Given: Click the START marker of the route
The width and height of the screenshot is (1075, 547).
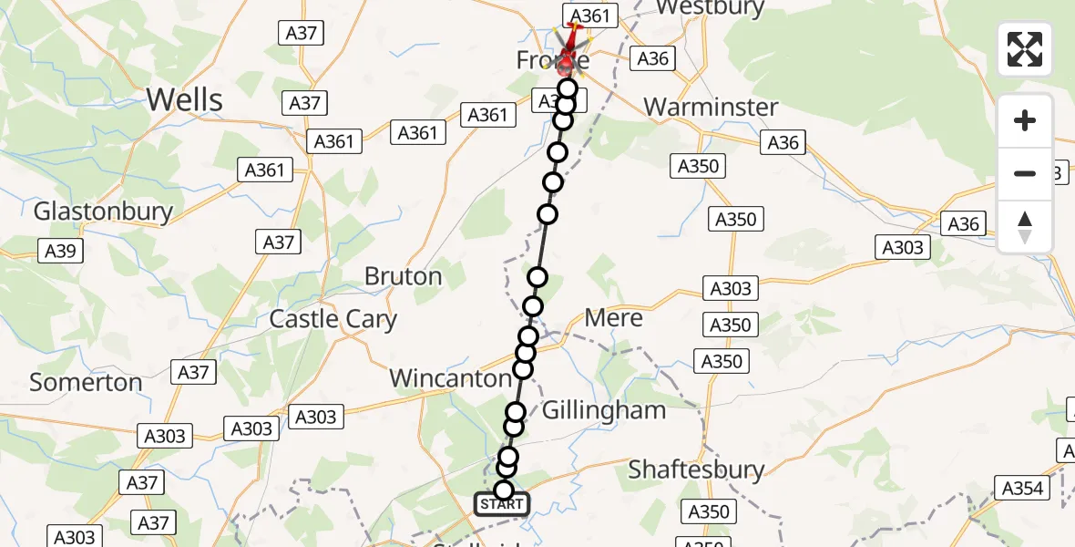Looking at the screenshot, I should click(x=501, y=504).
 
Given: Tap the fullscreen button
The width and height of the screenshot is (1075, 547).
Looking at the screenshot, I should click(x=1025, y=49).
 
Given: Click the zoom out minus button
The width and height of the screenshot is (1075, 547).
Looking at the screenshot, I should click(x=1025, y=173).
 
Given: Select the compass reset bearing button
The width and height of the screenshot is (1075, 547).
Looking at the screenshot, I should click(x=1025, y=227).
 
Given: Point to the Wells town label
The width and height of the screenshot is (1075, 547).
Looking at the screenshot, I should click(x=184, y=98).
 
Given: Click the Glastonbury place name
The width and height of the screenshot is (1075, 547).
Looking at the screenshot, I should click(x=103, y=212).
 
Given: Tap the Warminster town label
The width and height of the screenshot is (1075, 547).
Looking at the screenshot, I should click(x=711, y=107).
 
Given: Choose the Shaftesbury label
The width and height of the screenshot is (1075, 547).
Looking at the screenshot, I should click(x=696, y=470).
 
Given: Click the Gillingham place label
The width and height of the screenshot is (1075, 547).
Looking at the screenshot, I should click(x=603, y=410).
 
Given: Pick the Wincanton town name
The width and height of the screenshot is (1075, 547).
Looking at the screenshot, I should click(x=450, y=377).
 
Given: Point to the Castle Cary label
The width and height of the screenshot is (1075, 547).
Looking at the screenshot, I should click(x=333, y=319).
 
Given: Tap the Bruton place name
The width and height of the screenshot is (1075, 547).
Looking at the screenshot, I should click(x=403, y=275).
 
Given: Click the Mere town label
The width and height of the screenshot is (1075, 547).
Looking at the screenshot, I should click(x=613, y=318).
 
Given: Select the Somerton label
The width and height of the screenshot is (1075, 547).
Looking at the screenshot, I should click(x=86, y=382).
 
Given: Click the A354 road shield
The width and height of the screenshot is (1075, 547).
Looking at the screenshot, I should click(x=1021, y=488).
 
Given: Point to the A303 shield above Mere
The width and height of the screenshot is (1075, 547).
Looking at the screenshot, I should click(x=731, y=288).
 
